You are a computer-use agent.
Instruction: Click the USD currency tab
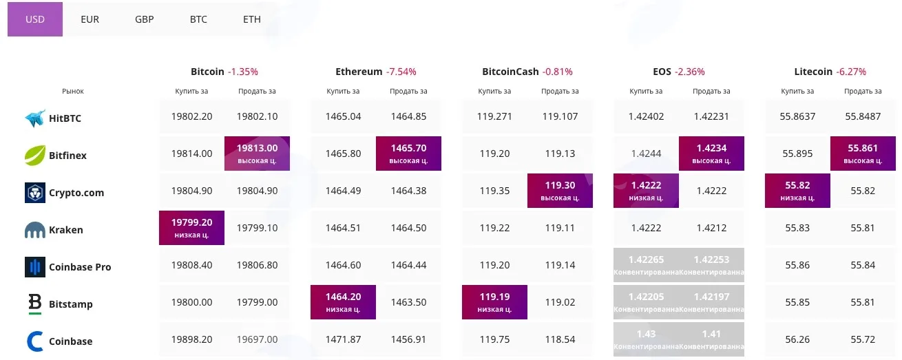[35, 19]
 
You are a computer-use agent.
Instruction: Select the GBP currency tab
[144, 19]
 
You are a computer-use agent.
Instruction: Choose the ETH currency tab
[252, 19]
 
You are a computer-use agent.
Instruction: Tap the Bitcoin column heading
[207, 72]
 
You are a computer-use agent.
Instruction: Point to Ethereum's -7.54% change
[401, 72]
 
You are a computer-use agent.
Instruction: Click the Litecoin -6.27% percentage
[851, 72]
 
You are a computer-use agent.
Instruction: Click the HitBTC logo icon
[34, 118]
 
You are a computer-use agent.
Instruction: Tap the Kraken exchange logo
[34, 230]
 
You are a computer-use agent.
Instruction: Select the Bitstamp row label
[70, 304]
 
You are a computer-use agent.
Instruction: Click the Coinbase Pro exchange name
[80, 267]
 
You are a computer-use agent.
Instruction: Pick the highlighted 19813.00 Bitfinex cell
[257, 153]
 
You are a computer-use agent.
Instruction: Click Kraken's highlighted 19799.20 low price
[191, 228]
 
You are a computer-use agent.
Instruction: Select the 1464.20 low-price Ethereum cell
[343, 302]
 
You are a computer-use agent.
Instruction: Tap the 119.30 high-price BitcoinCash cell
[560, 191]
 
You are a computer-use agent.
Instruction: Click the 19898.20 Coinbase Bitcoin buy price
[191, 339]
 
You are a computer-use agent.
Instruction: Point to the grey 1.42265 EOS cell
[646, 265]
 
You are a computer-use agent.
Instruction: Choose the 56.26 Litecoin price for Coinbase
[797, 339]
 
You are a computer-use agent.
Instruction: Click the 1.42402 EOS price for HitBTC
[646, 116]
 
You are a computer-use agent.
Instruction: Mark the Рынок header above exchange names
[73, 92]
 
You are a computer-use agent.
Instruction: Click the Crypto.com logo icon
[34, 193]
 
